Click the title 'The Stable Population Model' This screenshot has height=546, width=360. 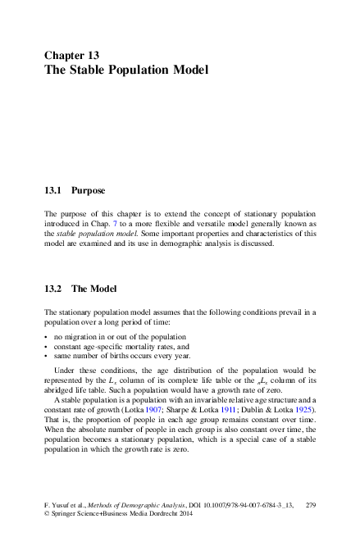point(126,70)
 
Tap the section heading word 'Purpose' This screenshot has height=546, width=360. point(88,191)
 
